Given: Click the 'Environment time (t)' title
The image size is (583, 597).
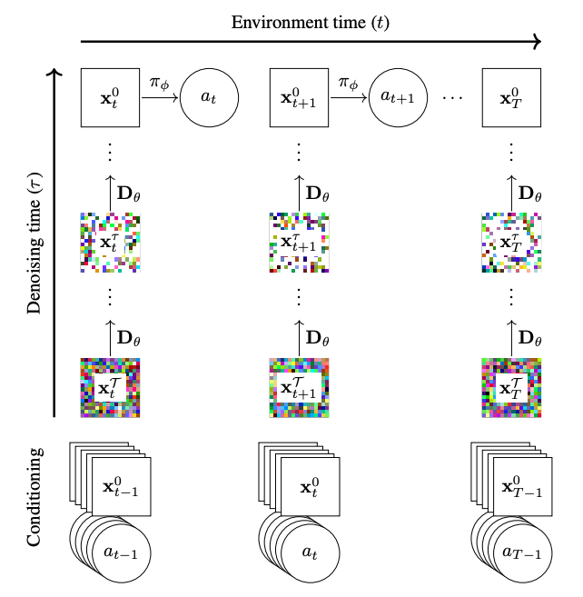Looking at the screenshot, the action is point(311,23).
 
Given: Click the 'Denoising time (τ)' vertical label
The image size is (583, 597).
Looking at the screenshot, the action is point(35,244).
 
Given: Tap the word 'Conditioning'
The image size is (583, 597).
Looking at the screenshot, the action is point(35,497).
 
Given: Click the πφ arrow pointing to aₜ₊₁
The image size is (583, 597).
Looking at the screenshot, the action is point(349,98).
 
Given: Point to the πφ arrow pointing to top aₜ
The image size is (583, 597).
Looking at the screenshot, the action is point(160,98).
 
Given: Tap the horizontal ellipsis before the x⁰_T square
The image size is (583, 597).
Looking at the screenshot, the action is point(452,98).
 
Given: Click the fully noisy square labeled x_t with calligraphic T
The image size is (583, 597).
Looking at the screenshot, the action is point(111,388).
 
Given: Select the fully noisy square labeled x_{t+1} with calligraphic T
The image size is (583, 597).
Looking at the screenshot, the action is point(299,388).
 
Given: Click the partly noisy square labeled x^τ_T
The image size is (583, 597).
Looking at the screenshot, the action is point(511,243).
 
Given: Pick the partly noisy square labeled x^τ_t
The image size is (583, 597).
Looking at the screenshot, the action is point(111,243).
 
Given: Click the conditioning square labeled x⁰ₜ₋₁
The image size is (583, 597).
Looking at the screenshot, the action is point(122,486).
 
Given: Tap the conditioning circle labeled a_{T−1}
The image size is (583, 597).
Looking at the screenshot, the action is point(522,552).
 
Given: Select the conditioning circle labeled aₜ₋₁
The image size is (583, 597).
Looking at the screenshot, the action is point(122,552).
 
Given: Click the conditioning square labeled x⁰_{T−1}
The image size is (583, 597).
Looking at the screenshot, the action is point(522,486).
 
